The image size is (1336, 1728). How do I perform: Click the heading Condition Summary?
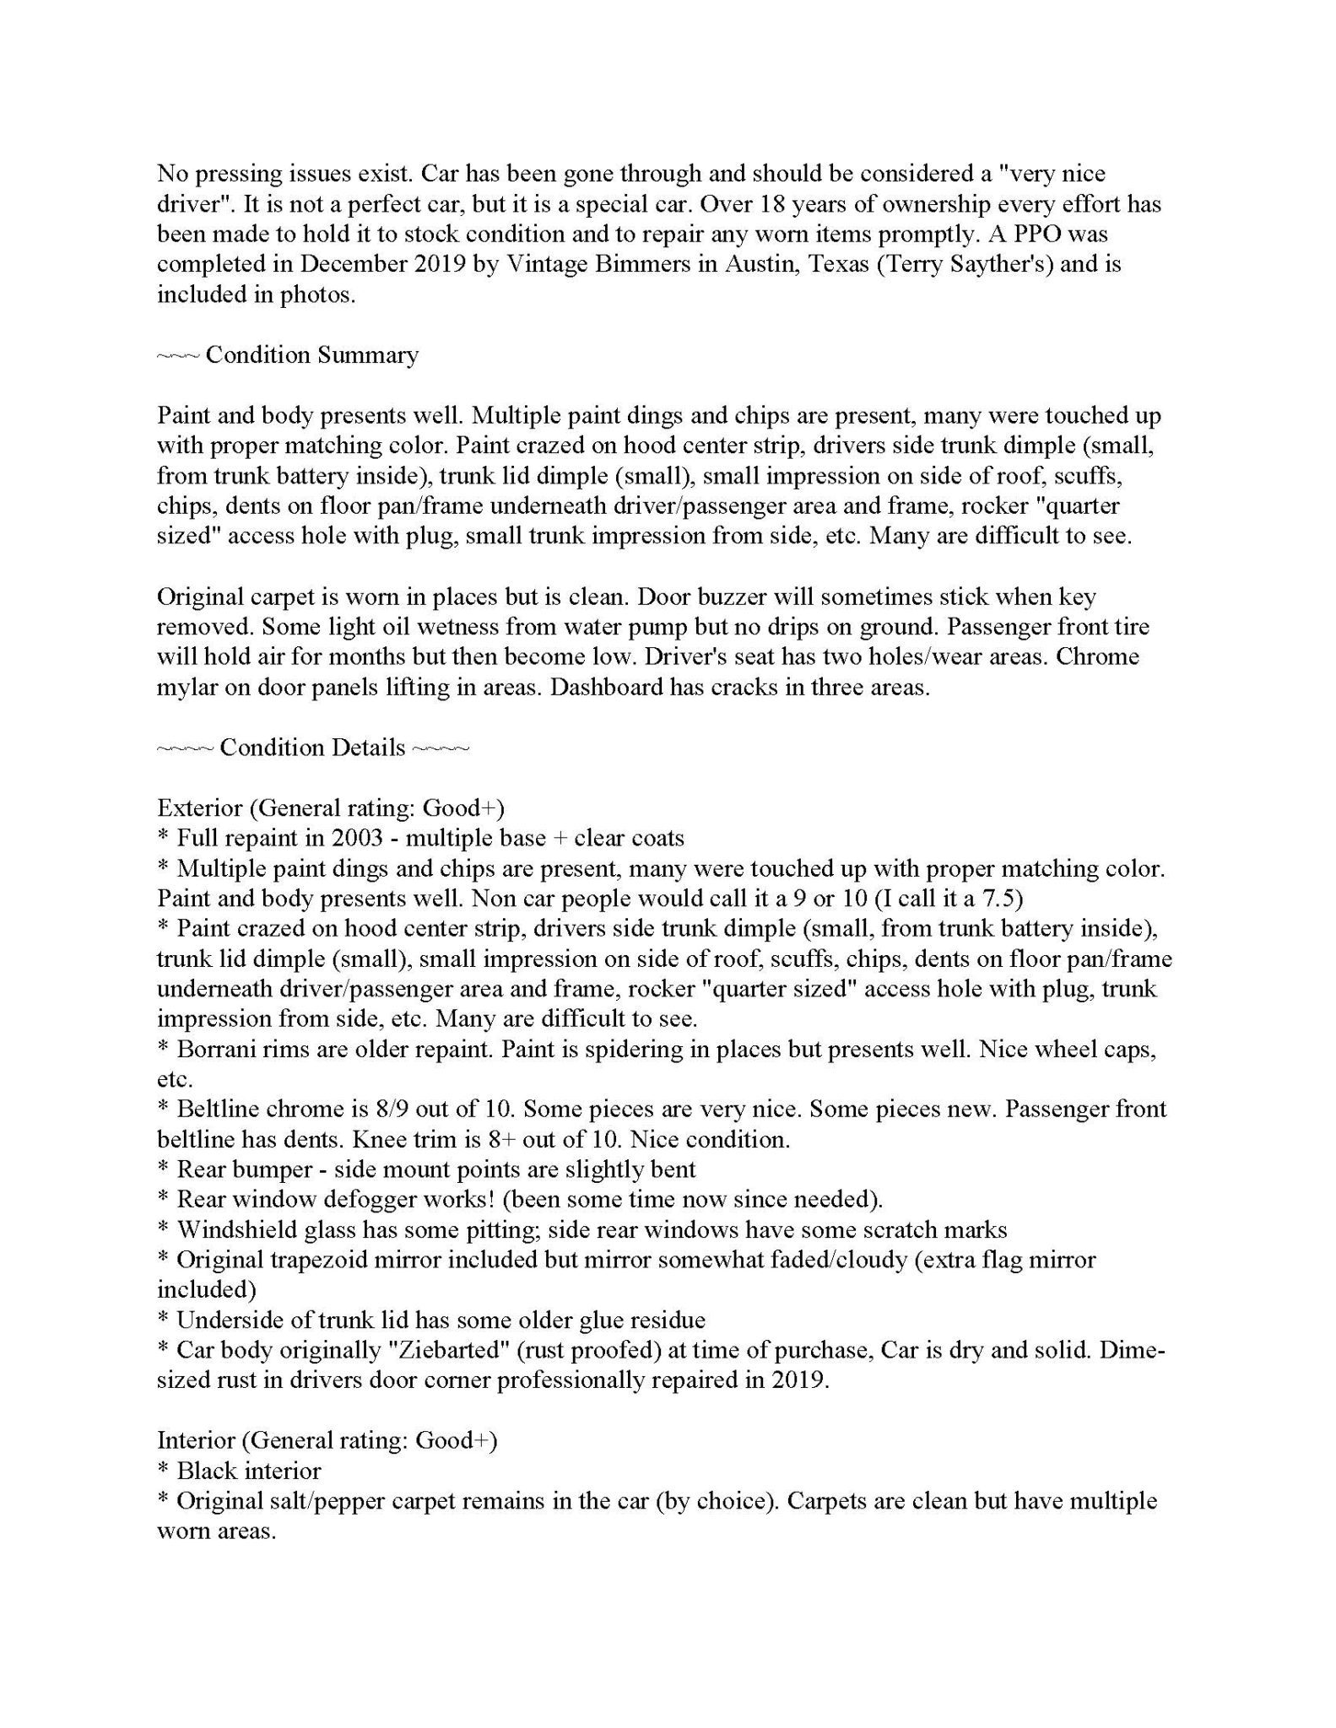[311, 355]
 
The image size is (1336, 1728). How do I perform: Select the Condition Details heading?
[312, 748]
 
